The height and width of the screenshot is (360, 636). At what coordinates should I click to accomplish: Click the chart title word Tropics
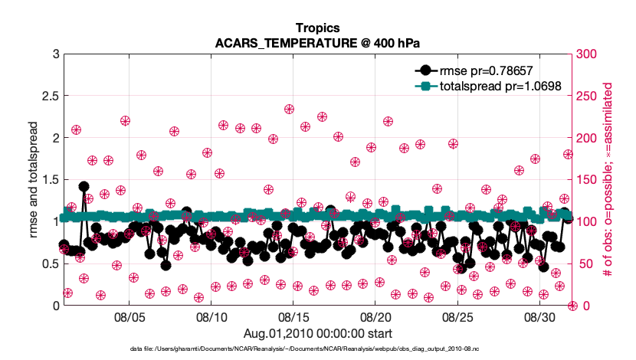point(317,28)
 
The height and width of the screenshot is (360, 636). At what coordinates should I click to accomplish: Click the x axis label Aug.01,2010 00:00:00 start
point(317,333)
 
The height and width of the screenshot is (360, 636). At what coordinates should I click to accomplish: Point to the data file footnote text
point(317,349)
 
